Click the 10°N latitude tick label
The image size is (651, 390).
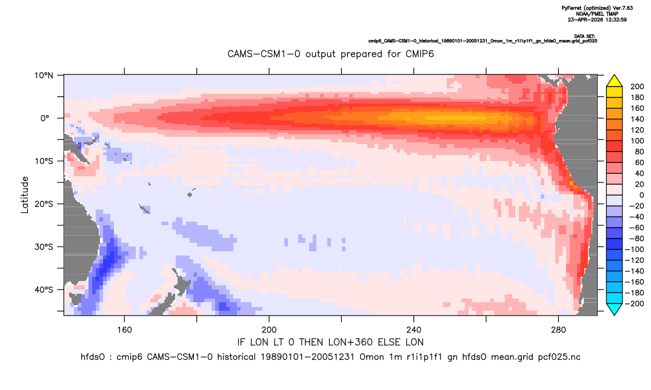44,76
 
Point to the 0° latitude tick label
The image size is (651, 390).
45,118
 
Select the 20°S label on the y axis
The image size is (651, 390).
44,204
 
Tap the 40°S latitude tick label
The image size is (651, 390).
44,289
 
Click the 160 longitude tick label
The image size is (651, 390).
124,330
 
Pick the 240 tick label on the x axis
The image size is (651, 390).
414,330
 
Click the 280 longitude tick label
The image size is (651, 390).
558,330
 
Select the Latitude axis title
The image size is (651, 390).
25,195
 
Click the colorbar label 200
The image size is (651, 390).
637,87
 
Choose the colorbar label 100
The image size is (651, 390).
637,141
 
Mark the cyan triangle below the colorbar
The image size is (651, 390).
614,309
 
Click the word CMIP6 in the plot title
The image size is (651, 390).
418,54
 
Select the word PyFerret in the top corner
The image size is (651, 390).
572,8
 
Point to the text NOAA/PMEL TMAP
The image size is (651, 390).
597,14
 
